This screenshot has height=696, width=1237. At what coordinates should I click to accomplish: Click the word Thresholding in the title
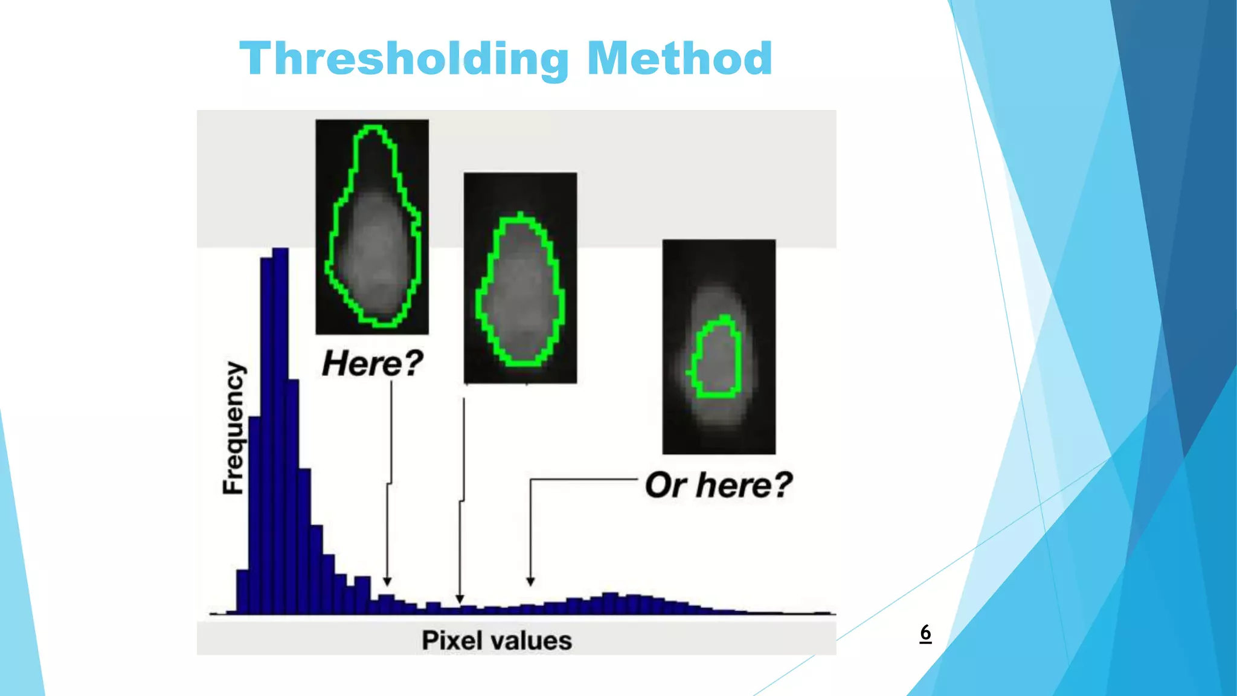coord(404,59)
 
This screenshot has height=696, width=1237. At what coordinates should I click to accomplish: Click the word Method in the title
coord(680,59)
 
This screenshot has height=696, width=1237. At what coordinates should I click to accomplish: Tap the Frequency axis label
coord(234,428)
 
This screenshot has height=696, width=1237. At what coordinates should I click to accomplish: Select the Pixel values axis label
coord(496,640)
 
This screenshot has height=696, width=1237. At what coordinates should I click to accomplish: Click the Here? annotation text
coord(372,363)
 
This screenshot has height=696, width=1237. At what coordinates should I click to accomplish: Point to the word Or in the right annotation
coord(663,485)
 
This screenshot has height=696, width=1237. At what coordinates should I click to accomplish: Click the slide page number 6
coord(925,633)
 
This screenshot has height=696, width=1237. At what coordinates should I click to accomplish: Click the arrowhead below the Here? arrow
coord(387,581)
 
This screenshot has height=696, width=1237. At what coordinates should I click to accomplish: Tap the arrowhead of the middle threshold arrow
coord(460,599)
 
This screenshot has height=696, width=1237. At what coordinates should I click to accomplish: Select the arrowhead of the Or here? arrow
coord(530,581)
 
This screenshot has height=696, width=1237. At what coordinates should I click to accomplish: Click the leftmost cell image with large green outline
coord(372,227)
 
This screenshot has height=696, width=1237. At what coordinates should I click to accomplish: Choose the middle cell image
coord(520,277)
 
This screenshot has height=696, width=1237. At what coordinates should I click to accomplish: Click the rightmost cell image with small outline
coord(719,346)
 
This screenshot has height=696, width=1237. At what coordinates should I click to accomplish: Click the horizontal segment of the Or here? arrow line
coord(583,480)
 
